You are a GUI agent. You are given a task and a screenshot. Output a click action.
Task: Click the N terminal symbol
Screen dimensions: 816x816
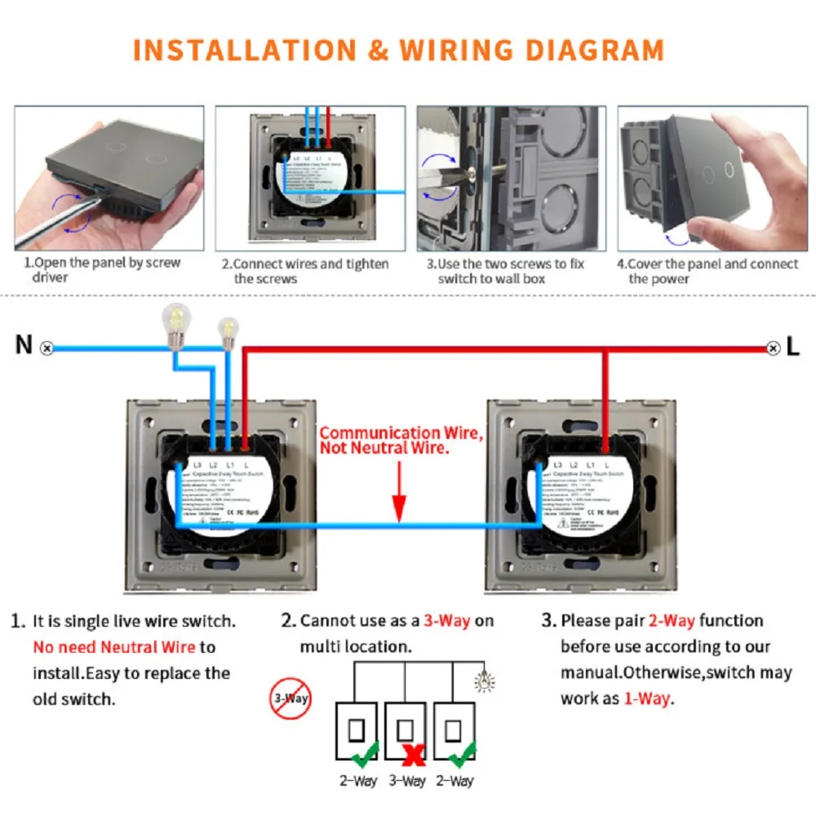[x=47, y=348]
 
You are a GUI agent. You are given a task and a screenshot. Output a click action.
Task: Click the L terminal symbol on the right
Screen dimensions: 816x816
[x=774, y=348]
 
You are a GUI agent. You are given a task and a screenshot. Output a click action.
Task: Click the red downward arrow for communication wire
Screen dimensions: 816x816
[x=399, y=490]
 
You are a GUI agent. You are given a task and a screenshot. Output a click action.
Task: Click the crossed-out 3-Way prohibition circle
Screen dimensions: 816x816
[x=290, y=698]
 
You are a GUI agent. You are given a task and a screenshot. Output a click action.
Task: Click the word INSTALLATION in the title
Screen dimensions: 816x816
[x=243, y=51]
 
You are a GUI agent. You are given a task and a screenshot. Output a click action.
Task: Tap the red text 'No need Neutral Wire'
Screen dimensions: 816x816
[x=114, y=647]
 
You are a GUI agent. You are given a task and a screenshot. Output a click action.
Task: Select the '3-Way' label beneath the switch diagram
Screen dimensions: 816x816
[x=407, y=782]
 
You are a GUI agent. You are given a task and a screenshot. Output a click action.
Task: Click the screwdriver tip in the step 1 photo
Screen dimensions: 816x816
[x=98, y=190]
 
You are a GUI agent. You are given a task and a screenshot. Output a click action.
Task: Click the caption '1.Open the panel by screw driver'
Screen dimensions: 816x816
[x=102, y=270]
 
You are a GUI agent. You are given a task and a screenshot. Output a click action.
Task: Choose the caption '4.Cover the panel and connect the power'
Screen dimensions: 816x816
[x=707, y=271]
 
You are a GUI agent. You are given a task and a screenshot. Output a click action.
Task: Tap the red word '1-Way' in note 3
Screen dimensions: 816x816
[x=648, y=698]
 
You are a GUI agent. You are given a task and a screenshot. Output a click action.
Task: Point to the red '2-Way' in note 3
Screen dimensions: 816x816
[x=672, y=621]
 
